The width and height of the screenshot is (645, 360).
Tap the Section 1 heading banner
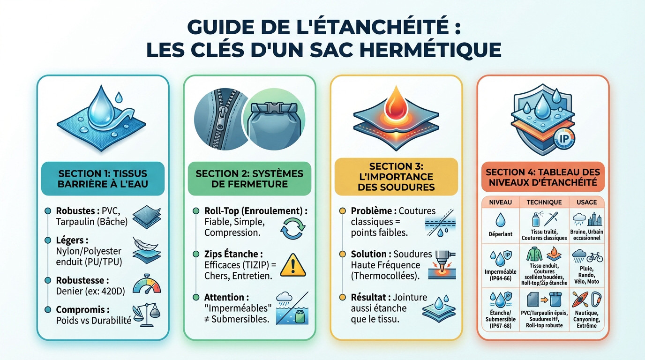(x=103, y=178)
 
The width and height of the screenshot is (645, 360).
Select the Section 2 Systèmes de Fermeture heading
(x=249, y=178)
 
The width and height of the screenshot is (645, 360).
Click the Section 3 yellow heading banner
(x=396, y=177)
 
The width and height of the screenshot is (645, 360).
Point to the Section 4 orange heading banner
(x=543, y=178)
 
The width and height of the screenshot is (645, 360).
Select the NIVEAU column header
(x=500, y=202)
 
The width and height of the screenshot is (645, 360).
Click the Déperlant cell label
(x=500, y=234)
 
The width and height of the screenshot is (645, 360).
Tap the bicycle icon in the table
(x=594, y=257)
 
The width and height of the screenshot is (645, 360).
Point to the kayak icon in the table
(x=579, y=299)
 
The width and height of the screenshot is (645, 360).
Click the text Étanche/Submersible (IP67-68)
(x=500, y=319)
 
